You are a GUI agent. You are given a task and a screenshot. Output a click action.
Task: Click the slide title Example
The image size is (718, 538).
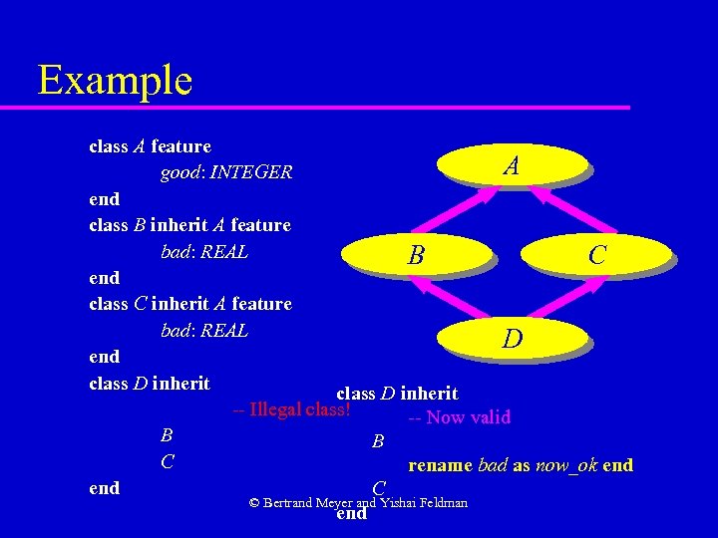115,80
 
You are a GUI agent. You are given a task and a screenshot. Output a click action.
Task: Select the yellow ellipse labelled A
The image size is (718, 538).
512,164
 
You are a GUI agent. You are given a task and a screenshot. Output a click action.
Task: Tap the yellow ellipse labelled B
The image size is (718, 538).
416,255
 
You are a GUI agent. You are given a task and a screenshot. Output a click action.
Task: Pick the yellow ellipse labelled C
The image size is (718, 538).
596,255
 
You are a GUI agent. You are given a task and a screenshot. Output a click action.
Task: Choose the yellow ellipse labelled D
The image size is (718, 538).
512,339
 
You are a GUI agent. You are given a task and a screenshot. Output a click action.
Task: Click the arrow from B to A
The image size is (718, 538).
465,211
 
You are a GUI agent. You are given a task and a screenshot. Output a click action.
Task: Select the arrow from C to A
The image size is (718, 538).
558,211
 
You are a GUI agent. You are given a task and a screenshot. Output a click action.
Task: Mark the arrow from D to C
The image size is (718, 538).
567,300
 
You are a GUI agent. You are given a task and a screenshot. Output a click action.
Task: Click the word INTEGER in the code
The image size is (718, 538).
252,172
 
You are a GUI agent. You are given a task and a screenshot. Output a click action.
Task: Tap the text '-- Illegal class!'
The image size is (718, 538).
290,408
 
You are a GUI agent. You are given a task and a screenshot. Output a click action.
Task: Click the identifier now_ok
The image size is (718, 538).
566,465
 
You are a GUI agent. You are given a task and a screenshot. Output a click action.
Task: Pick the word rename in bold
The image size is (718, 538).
440,465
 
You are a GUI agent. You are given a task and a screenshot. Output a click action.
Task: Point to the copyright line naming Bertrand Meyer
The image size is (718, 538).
358,503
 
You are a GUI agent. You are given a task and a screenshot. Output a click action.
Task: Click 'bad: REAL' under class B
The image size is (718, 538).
204,252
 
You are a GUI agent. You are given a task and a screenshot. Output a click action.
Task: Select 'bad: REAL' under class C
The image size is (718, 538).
204,330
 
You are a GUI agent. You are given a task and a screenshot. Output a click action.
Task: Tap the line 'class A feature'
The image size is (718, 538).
150,146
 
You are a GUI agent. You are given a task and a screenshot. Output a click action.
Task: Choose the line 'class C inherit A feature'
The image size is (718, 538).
190,304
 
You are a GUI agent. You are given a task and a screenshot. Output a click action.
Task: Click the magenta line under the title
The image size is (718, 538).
329,107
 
